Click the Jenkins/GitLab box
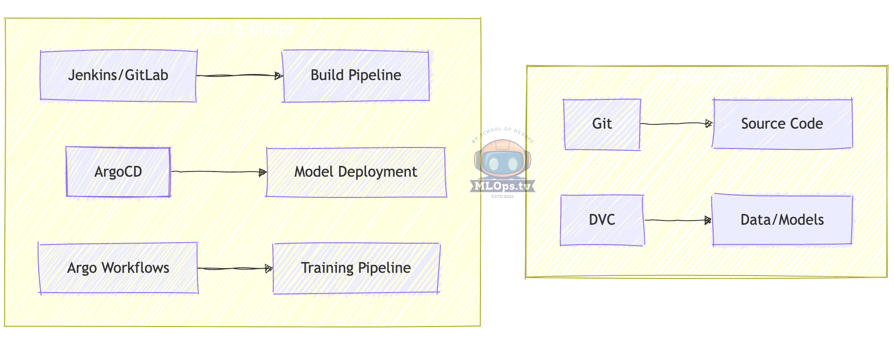(118, 76)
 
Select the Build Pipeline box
(356, 76)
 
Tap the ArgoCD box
(118, 172)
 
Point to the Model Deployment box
(356, 172)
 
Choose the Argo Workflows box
(118, 268)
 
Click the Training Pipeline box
(356, 268)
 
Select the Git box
(602, 124)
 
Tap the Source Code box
(782, 124)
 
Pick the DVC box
(602, 220)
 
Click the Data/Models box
(782, 220)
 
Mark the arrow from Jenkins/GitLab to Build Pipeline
(239, 75)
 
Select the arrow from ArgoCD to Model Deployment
(219, 172)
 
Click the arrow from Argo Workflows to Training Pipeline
(235, 269)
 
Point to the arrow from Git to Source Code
(676, 123)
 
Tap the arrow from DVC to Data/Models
(678, 220)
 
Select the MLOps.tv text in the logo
(503, 186)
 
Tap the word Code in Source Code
(806, 124)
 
